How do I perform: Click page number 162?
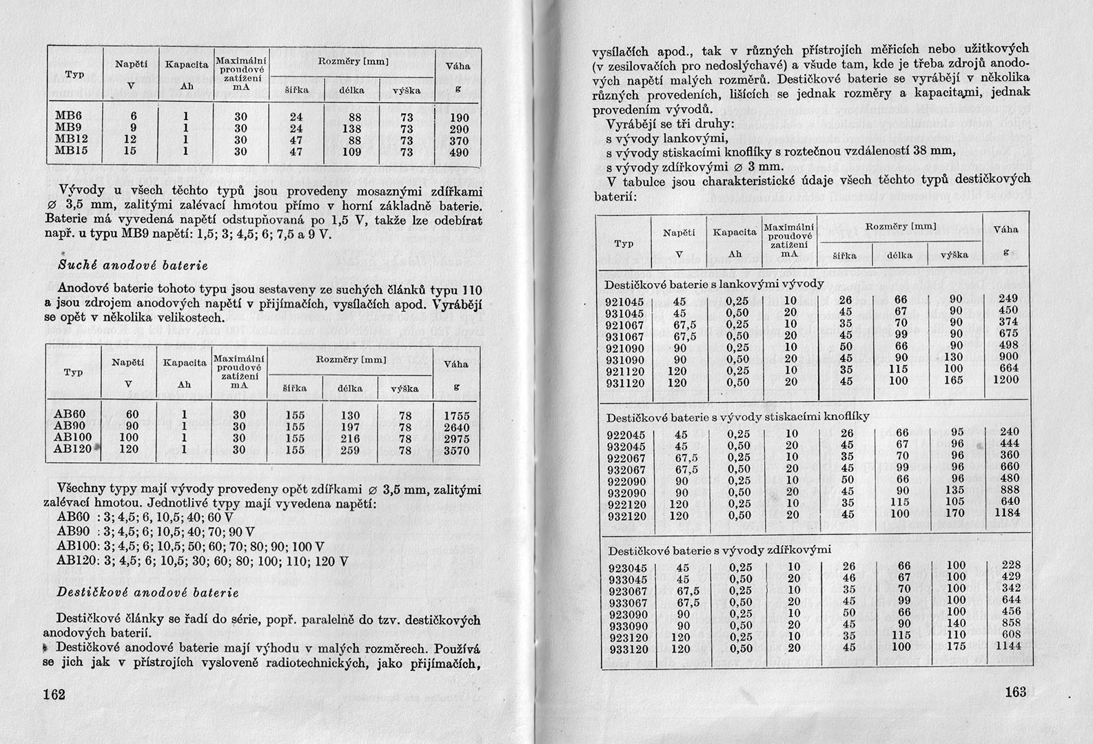click(54, 694)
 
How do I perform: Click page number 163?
click(1016, 692)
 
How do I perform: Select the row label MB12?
click(69, 141)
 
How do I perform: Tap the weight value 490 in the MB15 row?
click(459, 152)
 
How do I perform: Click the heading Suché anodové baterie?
click(133, 265)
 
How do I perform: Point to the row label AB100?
click(72, 439)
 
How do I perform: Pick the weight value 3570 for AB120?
click(456, 451)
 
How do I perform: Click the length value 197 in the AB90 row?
click(351, 427)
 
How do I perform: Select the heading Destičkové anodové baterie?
click(147, 592)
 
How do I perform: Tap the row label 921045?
click(624, 301)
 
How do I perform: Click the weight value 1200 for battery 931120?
click(1005, 381)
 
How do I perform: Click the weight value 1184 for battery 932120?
click(1007, 515)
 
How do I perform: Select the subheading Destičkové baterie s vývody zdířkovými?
click(720, 550)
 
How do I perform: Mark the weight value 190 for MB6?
click(459, 118)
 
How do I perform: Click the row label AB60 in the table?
click(70, 415)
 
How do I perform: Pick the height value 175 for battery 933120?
click(956, 648)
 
